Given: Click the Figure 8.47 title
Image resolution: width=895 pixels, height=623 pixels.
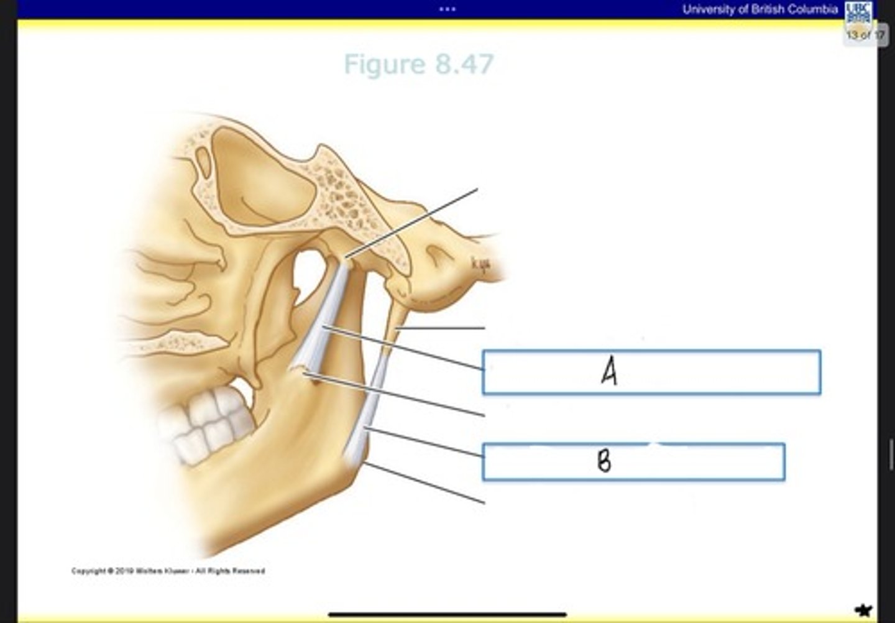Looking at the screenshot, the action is (418, 64).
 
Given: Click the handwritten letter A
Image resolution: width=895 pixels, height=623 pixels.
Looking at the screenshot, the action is (610, 372).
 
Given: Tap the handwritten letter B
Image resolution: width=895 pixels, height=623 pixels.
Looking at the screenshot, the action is (604, 461).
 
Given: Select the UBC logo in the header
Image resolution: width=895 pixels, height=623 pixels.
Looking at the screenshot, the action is (858, 12).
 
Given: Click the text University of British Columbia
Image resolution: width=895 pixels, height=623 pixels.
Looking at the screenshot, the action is (760, 9).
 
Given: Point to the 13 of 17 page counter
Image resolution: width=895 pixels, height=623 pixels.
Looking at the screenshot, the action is (865, 35).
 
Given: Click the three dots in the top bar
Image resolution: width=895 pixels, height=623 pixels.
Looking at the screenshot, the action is (447, 9).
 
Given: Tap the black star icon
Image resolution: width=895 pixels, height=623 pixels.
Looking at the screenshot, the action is (863, 610).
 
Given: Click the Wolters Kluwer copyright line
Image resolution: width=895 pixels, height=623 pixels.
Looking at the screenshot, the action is (168, 571).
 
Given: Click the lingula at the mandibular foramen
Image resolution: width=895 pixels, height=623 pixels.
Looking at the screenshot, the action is (305, 373).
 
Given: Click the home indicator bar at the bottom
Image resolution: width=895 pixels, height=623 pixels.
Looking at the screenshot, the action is (447, 615).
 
